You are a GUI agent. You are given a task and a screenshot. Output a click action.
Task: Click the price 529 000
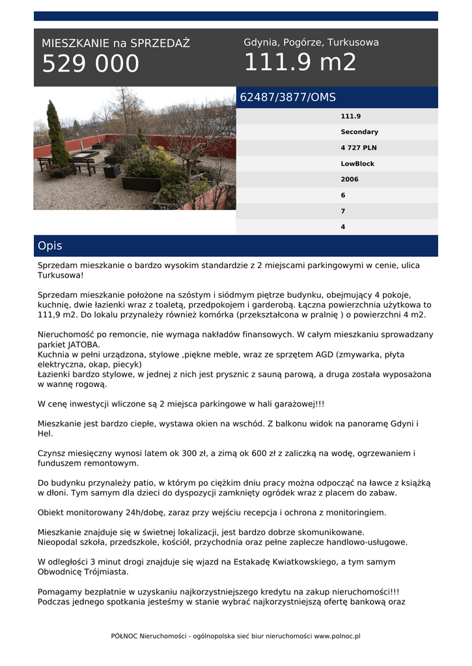pyautogui.click(x=90, y=64)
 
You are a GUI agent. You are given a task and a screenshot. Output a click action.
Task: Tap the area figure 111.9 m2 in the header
pyautogui.click(x=300, y=63)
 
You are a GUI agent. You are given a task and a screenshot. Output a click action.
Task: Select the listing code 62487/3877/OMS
pyautogui.click(x=288, y=98)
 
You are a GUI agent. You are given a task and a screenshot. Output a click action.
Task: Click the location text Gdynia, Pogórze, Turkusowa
pyautogui.click(x=311, y=42)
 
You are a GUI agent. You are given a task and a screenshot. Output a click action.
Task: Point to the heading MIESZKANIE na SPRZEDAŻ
pyautogui.click(x=116, y=44)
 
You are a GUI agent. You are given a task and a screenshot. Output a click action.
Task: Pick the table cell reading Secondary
pyautogui.click(x=359, y=132)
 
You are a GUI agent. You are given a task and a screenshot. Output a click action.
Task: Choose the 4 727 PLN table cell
pyautogui.click(x=359, y=148)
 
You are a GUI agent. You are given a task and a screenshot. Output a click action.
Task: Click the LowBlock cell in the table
pyautogui.click(x=357, y=164)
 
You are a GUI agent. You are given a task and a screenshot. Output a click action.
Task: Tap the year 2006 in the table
pyautogui.click(x=350, y=180)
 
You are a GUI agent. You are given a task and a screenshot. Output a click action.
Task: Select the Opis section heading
pyautogui.click(x=50, y=246)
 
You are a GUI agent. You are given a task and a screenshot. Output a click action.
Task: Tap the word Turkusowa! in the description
pyautogui.click(x=61, y=275)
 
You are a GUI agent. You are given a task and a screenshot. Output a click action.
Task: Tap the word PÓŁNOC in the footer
pyautogui.click(x=124, y=636)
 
